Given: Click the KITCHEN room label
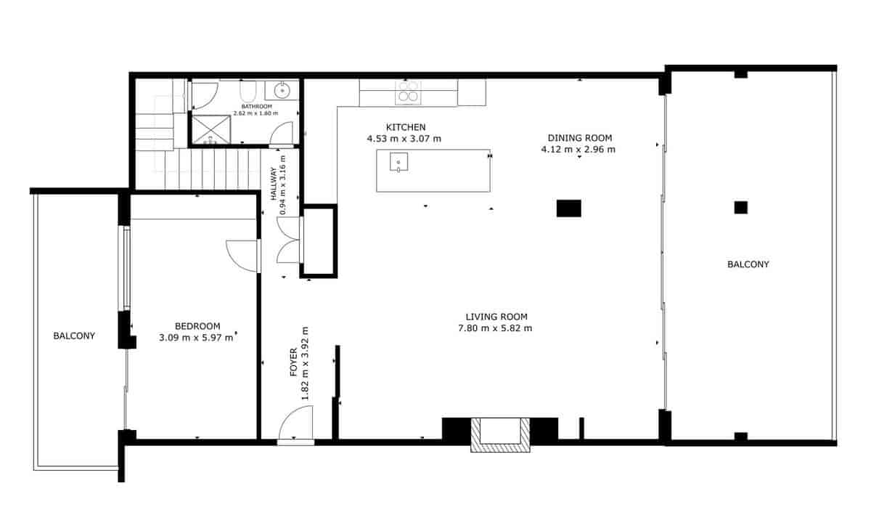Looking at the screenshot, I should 405,126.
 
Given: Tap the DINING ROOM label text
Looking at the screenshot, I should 579,137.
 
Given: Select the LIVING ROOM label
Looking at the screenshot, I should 496,317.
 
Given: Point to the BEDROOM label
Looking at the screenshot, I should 197,326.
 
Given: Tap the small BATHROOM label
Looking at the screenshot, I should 257,106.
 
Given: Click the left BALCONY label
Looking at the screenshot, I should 74,336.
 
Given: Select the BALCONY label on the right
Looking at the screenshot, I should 748,264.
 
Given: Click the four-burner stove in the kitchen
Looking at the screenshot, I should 406,92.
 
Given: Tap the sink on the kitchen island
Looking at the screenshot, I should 398,161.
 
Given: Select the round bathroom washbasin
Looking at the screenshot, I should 280,91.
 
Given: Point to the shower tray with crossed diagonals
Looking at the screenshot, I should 210,129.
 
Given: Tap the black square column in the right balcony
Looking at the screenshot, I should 740,207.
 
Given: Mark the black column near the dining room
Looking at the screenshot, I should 569,208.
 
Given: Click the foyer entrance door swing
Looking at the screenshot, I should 296,423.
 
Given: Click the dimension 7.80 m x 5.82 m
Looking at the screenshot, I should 496,328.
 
